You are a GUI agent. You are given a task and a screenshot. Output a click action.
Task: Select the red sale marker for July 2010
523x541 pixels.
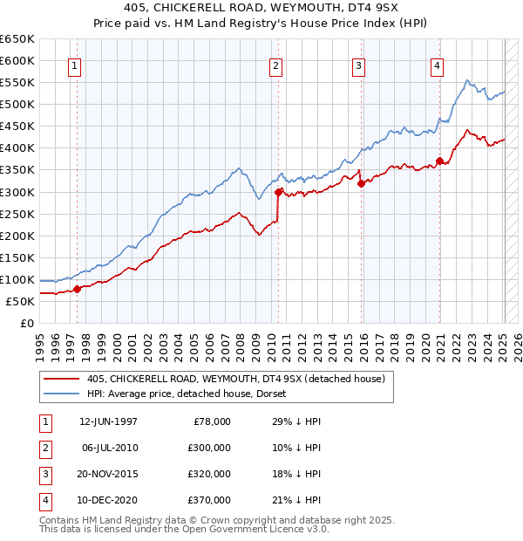point(278,192)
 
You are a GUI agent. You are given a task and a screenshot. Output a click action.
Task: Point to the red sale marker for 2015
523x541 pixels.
point(361,183)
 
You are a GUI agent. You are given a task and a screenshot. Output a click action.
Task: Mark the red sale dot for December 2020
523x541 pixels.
point(440,161)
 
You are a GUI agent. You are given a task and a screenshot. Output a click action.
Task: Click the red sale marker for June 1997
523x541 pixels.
point(77,289)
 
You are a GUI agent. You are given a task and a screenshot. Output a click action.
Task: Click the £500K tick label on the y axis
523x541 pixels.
point(18,105)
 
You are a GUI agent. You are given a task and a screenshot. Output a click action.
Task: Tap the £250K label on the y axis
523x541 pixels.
point(18,214)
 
